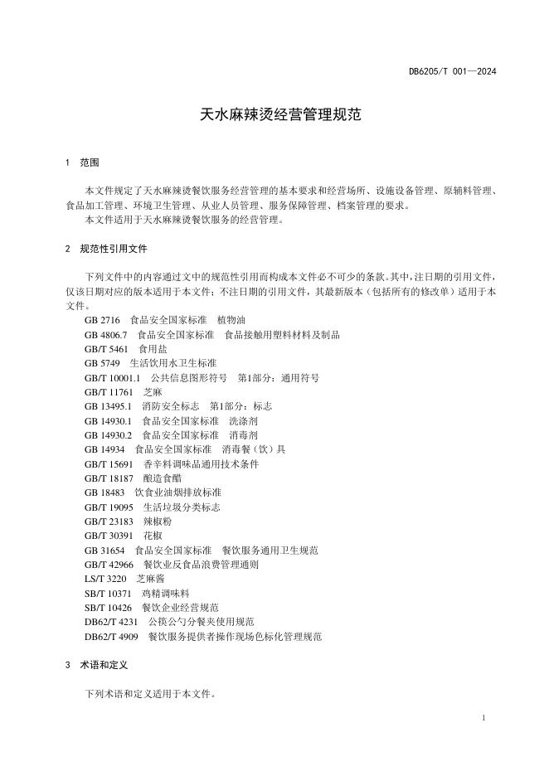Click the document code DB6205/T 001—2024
click(452, 71)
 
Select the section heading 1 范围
click(83, 162)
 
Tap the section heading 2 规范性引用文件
click(107, 249)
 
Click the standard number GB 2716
click(102, 320)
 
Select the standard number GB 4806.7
click(105, 335)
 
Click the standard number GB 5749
click(102, 363)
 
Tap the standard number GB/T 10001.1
click(112, 378)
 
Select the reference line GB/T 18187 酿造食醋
click(132, 478)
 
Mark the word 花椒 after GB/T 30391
click(154, 536)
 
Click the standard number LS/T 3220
click(105, 579)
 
